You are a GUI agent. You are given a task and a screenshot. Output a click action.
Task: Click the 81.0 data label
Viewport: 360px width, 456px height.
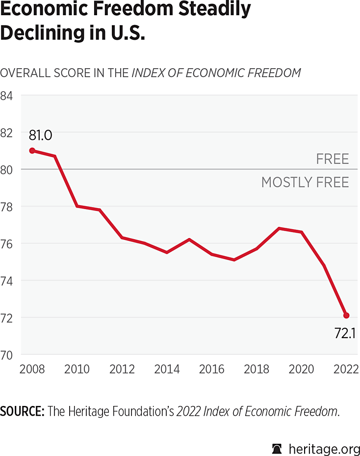(40, 134)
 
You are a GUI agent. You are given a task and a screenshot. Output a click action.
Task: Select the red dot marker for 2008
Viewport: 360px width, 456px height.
(32, 151)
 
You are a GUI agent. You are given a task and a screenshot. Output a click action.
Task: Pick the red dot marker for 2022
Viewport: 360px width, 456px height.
(346, 315)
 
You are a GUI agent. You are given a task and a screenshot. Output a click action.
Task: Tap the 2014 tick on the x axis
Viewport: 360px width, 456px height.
(167, 369)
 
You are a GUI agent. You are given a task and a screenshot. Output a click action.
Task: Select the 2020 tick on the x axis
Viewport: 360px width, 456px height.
(301, 369)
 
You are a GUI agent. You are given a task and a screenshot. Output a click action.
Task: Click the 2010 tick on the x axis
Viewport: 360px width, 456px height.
(77, 369)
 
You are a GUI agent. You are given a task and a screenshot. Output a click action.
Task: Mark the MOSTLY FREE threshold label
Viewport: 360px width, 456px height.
(305, 183)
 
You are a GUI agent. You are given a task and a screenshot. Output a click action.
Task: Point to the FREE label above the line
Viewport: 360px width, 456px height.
(333, 159)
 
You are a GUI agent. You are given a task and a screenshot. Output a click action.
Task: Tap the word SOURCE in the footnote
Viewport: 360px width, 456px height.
(22, 411)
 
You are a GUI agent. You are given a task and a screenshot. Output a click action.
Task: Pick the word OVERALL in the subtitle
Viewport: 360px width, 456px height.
(24, 73)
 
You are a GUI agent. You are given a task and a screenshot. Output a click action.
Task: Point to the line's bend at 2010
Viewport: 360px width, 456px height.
(77, 206)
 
